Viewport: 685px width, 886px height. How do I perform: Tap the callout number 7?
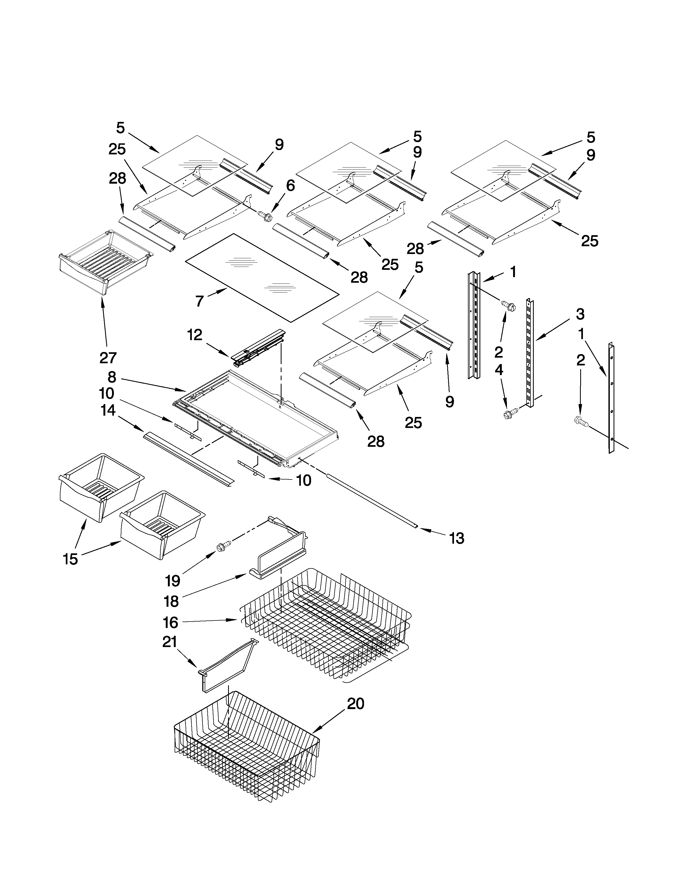(199, 301)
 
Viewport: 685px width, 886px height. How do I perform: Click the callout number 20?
(355, 703)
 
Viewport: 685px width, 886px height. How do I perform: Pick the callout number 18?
(171, 601)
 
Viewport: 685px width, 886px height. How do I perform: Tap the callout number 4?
(499, 370)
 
